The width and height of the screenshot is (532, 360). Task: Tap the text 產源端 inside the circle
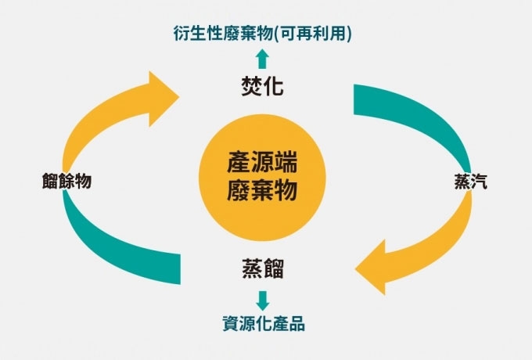click(263, 164)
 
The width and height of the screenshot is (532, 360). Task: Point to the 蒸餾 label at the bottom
click(262, 269)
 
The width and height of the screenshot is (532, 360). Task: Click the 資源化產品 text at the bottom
click(263, 322)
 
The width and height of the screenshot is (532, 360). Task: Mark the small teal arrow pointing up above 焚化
click(262, 57)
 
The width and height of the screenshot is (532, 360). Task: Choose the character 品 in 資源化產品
click(295, 322)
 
